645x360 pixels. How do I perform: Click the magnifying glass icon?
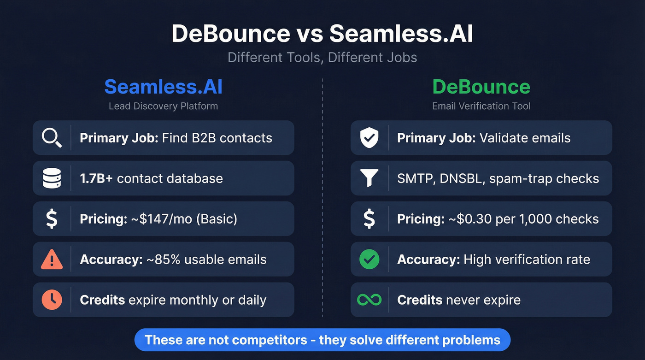pyautogui.click(x=52, y=138)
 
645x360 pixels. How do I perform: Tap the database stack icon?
pyautogui.click(x=52, y=178)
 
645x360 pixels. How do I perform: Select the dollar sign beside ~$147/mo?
pyautogui.click(x=52, y=219)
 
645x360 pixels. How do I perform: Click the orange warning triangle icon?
pyautogui.click(x=52, y=260)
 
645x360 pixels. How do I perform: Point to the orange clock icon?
pyautogui.click(x=52, y=300)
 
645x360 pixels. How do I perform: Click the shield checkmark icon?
pyautogui.click(x=369, y=138)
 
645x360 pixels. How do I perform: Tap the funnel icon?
pyautogui.click(x=369, y=178)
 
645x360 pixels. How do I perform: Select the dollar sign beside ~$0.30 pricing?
pyautogui.click(x=369, y=219)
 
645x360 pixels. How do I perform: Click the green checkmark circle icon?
pyautogui.click(x=369, y=260)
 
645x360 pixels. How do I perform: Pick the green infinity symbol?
pyautogui.click(x=369, y=300)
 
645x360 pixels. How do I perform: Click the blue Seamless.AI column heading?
pyautogui.click(x=163, y=87)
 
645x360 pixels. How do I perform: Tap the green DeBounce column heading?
pyautogui.click(x=481, y=87)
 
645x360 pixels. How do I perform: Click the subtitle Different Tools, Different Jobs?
pyautogui.click(x=322, y=58)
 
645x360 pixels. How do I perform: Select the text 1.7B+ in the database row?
pyautogui.click(x=96, y=178)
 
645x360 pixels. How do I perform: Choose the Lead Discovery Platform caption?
pyautogui.click(x=163, y=106)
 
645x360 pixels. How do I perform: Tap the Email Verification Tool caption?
pyautogui.click(x=481, y=106)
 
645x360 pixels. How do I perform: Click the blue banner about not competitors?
pyautogui.click(x=322, y=340)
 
